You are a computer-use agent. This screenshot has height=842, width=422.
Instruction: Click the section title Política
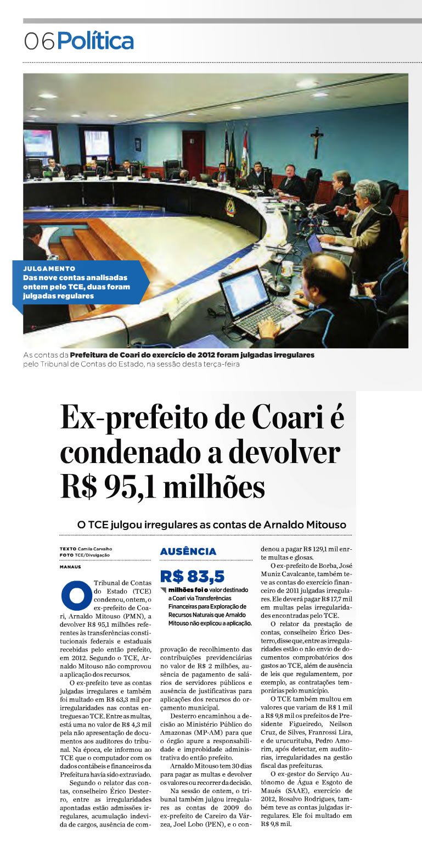pyautogui.click(x=95, y=41)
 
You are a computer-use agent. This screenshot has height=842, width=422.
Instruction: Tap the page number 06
pyautogui.click(x=39, y=42)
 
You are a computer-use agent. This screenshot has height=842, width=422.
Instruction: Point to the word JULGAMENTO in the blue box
pyautogui.click(x=49, y=269)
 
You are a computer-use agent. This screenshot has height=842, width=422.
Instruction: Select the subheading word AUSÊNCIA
pyautogui.click(x=188, y=551)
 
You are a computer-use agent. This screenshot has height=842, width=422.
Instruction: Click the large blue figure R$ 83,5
pyautogui.click(x=192, y=576)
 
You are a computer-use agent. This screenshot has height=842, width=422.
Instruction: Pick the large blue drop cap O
pyautogui.click(x=76, y=595)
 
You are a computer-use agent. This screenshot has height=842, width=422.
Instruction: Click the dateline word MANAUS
pyautogui.click(x=70, y=566)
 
